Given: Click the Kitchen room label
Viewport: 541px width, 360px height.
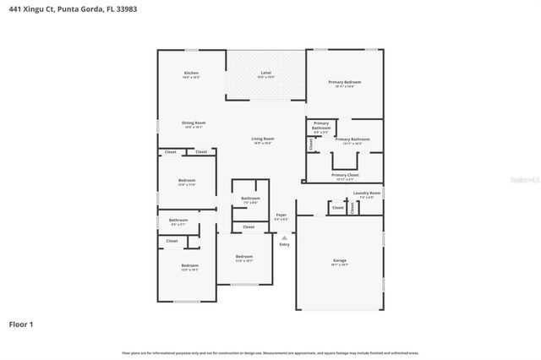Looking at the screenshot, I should pos(191,74).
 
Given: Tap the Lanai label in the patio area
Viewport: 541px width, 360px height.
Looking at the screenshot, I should pos(265,74).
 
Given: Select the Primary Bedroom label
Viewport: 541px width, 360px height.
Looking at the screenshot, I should pos(346,82).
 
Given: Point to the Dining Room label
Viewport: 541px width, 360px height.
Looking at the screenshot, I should pos(194,123).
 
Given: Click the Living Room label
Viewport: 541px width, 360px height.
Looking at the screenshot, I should pos(262,139).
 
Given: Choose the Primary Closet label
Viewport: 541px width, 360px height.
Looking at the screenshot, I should pos(345,175).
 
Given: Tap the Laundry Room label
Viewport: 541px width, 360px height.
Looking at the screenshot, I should pos(367,193).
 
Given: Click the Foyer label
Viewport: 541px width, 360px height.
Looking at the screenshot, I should pos(281,215).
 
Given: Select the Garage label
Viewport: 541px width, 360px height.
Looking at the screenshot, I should pos(339,260).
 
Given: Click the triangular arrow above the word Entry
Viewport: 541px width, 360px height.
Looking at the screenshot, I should pos(284,237).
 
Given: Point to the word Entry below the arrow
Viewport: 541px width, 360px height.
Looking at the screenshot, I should pos(284,244).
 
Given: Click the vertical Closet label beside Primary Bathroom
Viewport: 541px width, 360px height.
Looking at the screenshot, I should pos(310,145).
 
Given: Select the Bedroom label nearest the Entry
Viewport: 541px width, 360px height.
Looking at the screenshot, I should pos(243,256).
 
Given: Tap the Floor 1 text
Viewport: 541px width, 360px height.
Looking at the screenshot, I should pos(21,324).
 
